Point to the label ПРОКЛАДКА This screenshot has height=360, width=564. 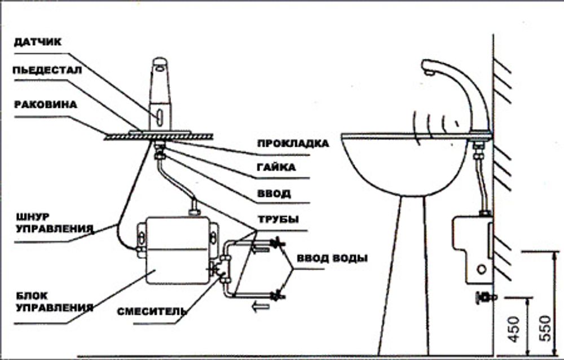point(293,143)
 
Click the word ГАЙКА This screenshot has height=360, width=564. point(276,168)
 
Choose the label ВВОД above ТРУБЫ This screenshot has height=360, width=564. point(274,194)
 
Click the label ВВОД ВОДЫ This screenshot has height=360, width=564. point(332,258)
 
